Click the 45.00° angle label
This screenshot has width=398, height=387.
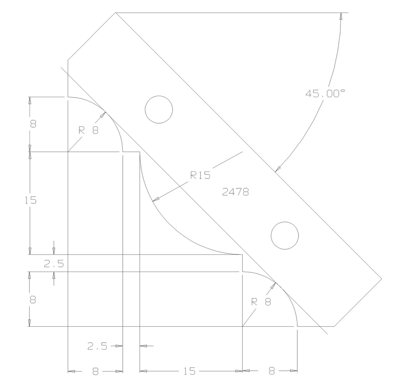(325, 94)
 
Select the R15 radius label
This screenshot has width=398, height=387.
(200, 175)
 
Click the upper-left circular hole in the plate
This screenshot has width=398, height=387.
(159, 110)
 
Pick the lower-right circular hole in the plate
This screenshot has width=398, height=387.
(285, 235)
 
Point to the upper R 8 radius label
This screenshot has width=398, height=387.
(89, 130)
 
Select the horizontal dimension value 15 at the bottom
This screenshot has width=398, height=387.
(189, 371)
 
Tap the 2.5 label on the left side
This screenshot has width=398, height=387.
(54, 264)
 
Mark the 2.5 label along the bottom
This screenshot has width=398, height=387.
(97, 346)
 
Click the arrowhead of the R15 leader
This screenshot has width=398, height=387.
(155, 200)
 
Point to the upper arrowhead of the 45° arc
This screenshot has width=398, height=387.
(341, 16)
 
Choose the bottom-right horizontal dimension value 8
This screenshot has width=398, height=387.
(271, 371)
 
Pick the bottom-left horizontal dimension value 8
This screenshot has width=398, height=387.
(96, 371)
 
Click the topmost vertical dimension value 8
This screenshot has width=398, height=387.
(33, 124)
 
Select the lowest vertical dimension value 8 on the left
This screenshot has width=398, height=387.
(33, 300)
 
